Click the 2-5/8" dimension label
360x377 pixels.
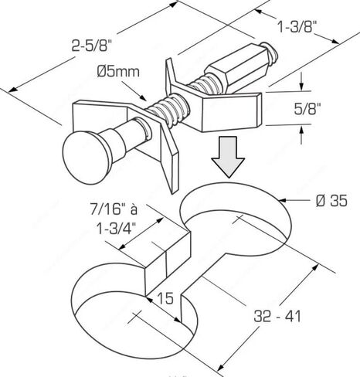click(91, 47)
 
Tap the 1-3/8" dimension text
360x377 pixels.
click(297, 26)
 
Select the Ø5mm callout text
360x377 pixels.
click(118, 72)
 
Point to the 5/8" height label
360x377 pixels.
click(307, 109)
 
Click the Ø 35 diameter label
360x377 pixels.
click(331, 200)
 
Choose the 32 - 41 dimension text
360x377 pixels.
click(277, 316)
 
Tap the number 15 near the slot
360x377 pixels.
click(165, 298)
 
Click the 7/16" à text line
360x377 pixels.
click(114, 209)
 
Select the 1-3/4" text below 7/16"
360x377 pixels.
click(116, 228)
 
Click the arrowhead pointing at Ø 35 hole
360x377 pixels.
click(283, 200)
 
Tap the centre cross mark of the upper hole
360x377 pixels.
click(238, 219)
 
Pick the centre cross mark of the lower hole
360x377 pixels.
click(134, 317)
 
